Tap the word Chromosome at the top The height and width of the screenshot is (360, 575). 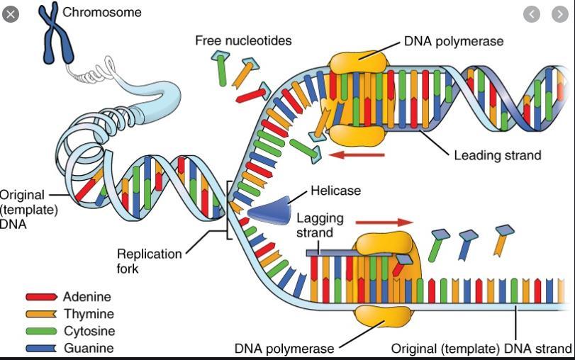point(102,12)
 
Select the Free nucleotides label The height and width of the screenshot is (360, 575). point(243,40)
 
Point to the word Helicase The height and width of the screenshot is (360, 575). point(335,191)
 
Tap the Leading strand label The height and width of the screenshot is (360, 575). point(497,154)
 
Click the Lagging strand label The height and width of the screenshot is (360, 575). point(314,225)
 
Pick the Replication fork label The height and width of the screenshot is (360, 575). point(148,261)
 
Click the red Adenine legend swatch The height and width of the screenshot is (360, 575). point(41,298)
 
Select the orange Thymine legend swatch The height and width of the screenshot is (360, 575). point(41,314)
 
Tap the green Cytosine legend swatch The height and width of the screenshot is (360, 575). point(41,331)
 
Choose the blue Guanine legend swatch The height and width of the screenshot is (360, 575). point(41,348)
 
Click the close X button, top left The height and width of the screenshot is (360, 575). point(10,13)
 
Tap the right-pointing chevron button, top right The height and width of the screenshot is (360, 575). point(559,13)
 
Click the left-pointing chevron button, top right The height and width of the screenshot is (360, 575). point(532,13)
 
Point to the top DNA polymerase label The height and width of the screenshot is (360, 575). point(454,40)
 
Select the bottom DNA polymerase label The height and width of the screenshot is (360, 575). point(284,349)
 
